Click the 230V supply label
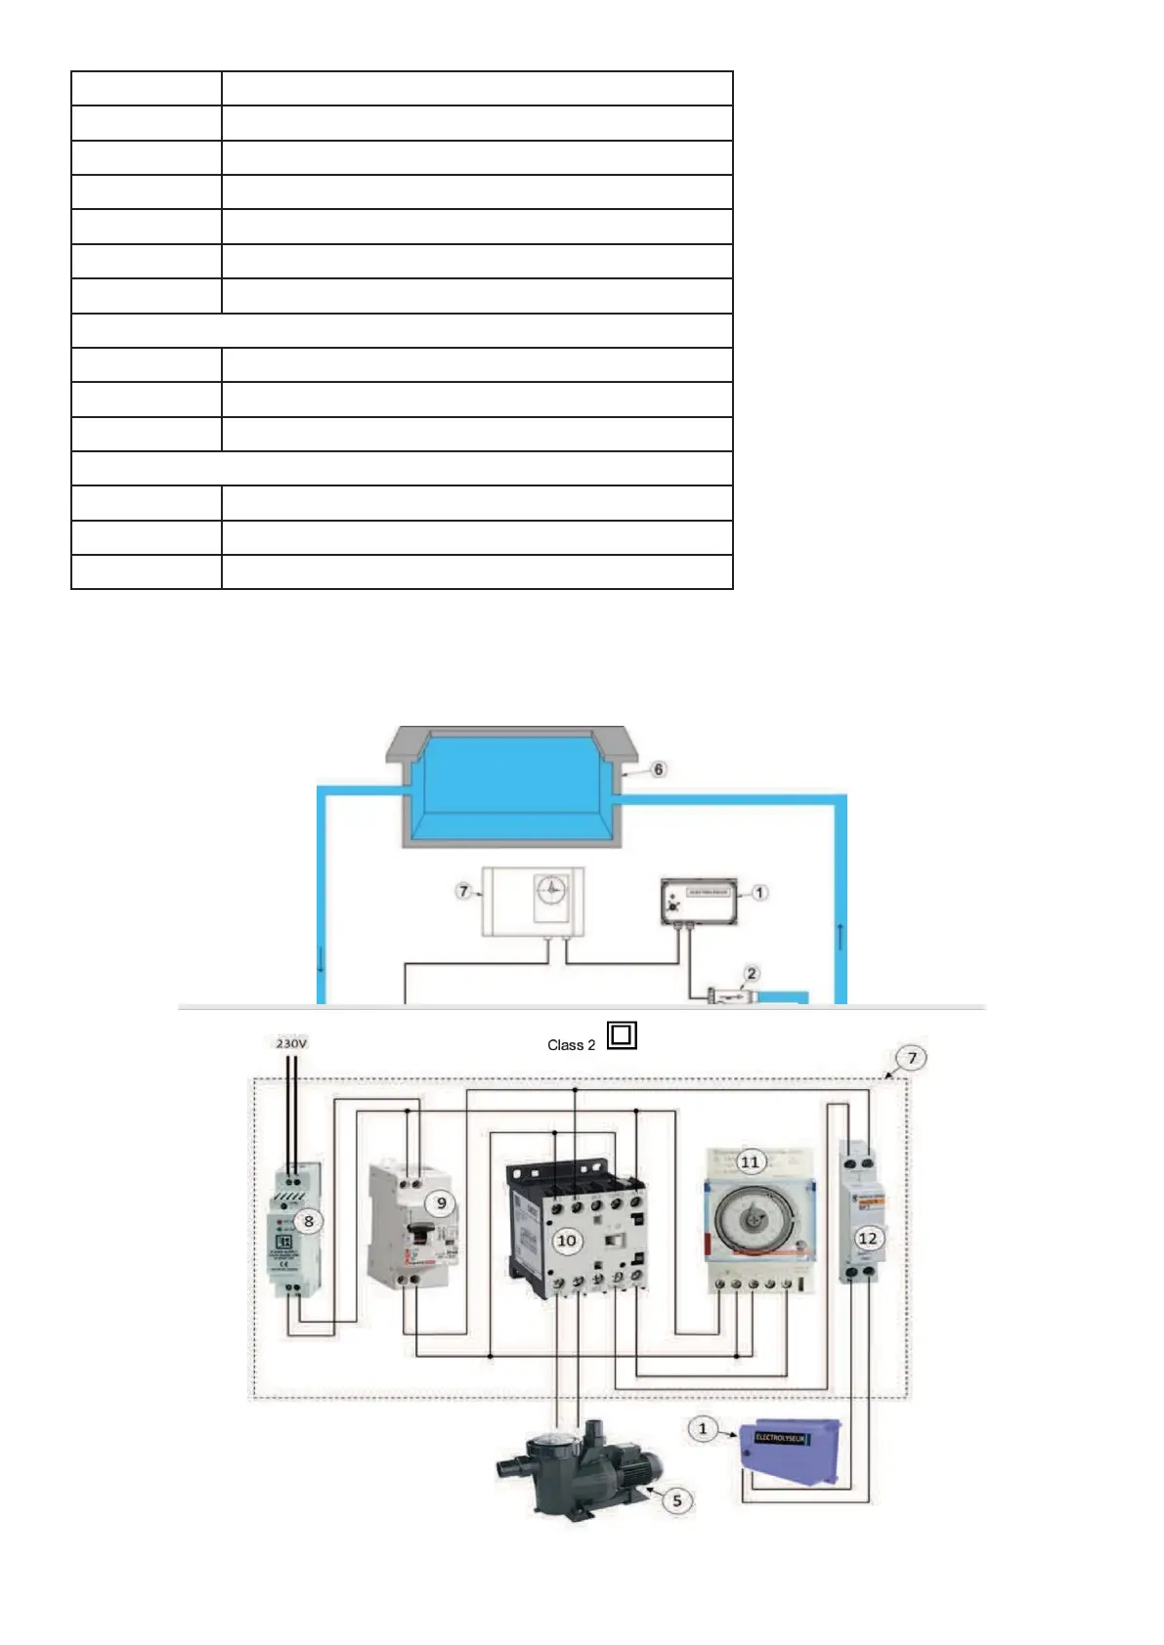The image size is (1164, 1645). click(x=291, y=1043)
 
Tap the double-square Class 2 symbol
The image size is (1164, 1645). click(x=622, y=1034)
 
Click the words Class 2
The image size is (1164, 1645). click(x=571, y=1045)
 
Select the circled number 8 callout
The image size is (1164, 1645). click(x=309, y=1221)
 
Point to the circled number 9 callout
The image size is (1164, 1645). click(x=441, y=1202)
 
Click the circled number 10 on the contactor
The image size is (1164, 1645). click(x=567, y=1241)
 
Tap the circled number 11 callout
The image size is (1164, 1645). click(x=750, y=1161)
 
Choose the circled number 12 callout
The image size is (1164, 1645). click(x=867, y=1238)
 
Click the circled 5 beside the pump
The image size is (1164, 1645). click(x=677, y=1499)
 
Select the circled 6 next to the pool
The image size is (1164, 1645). click(x=659, y=770)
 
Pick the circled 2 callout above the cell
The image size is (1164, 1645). click(x=752, y=973)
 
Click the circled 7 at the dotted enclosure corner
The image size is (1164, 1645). click(x=912, y=1058)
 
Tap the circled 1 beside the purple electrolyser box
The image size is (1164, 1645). click(x=703, y=1429)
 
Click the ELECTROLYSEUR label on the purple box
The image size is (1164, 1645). click(x=781, y=1438)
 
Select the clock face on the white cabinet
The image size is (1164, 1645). click(x=552, y=890)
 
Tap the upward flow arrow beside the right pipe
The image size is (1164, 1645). click(x=840, y=935)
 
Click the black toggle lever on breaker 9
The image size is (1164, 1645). click(x=421, y=1233)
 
